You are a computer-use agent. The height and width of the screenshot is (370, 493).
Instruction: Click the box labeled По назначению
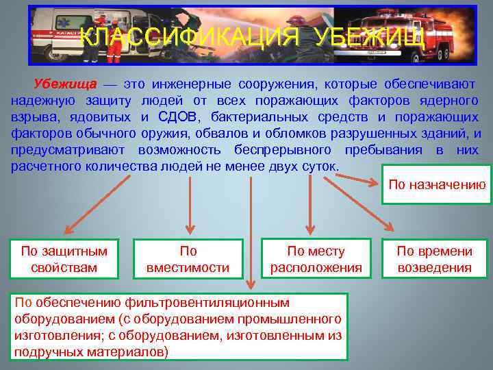click(x=436, y=184)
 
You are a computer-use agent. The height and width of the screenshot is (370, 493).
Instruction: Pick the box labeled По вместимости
click(x=188, y=259)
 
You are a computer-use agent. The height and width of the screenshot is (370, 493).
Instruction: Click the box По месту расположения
click(x=316, y=259)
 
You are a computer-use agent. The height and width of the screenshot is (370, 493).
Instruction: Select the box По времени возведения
click(x=435, y=259)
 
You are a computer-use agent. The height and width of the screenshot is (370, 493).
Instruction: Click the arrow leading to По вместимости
click(x=188, y=206)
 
